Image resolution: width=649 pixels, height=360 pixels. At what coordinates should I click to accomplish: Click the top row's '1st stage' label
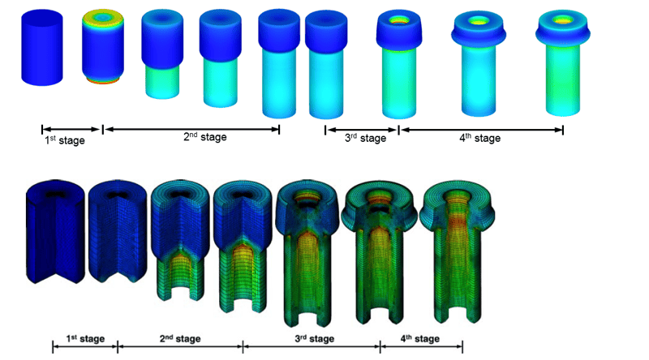tap(65, 140)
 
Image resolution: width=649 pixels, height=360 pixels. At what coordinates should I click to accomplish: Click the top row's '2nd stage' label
tap(205, 137)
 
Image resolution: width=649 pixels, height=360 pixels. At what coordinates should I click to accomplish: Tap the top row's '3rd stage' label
tap(365, 138)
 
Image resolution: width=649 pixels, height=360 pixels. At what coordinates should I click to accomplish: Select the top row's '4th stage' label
tap(479, 138)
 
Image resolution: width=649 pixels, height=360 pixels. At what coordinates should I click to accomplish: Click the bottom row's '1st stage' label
tap(85, 339)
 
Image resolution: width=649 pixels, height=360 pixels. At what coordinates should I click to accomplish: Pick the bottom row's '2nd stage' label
tap(180, 339)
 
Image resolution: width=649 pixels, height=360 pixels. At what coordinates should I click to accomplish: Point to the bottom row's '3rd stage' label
tap(314, 339)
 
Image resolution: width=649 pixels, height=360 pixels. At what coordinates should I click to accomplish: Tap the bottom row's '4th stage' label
tap(419, 339)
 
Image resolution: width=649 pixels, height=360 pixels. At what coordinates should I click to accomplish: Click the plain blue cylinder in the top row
tap(42, 48)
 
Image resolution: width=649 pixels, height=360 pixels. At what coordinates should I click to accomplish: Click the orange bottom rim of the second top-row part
tap(103, 80)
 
